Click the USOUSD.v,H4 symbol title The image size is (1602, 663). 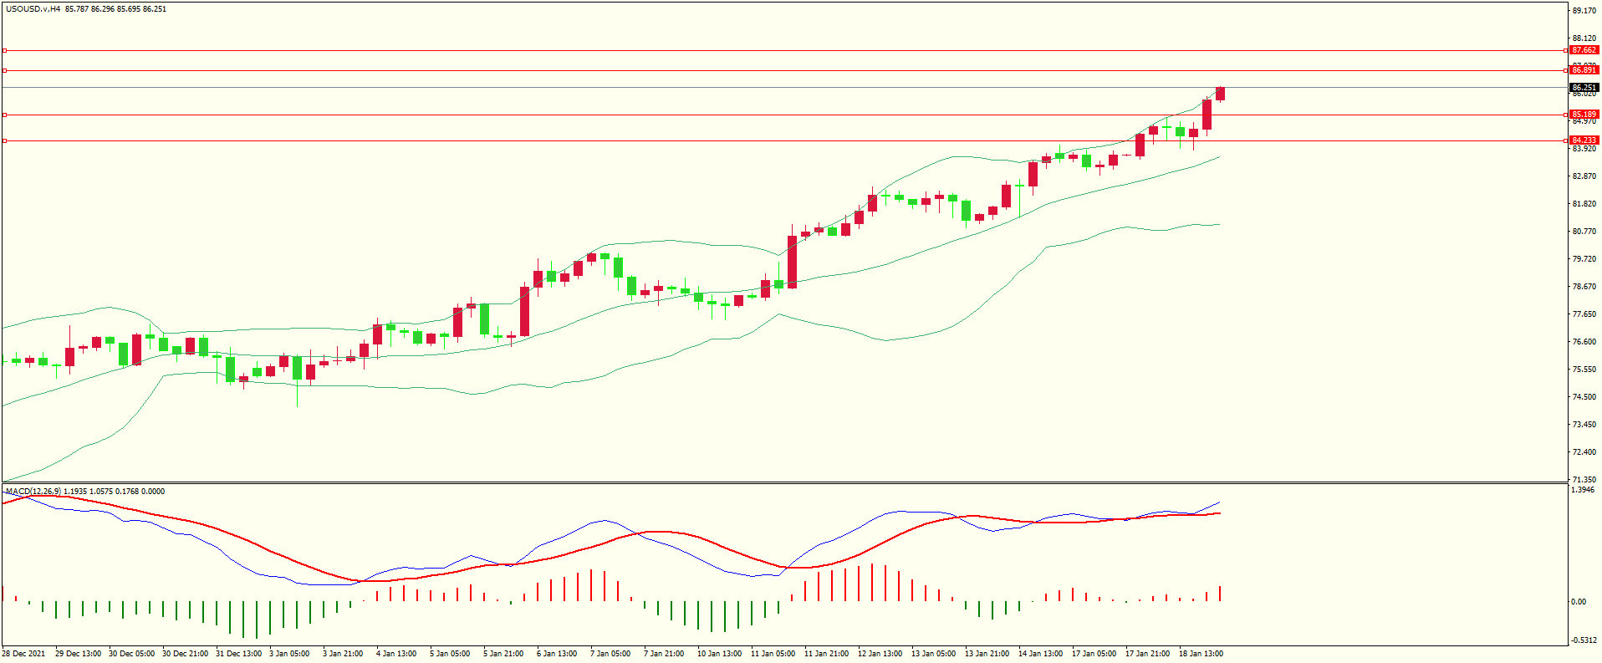[x=33, y=9]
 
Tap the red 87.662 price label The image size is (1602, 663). [x=1584, y=50]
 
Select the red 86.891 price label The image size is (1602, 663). [x=1584, y=70]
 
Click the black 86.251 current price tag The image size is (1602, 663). [x=1584, y=87]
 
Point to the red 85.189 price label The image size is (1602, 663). [x=1584, y=115]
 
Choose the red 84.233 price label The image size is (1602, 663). [x=1584, y=140]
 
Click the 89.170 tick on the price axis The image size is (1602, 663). [x=1584, y=11]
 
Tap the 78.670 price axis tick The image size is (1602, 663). [x=1584, y=287]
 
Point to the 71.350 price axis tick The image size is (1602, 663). [x=1584, y=480]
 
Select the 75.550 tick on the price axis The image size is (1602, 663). [x=1584, y=370]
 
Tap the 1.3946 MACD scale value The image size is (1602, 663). [x=1583, y=490]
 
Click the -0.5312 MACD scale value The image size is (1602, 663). [x=1583, y=640]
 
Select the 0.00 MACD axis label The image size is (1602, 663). [x=1579, y=602]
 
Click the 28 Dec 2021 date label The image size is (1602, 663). [x=23, y=654]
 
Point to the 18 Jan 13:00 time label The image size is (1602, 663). [x=1201, y=654]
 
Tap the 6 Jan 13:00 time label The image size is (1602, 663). [x=557, y=654]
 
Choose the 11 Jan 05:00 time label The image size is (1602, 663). [x=773, y=654]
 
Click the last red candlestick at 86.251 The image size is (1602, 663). [x=1221, y=94]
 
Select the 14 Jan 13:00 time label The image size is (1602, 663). [x=1040, y=654]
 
